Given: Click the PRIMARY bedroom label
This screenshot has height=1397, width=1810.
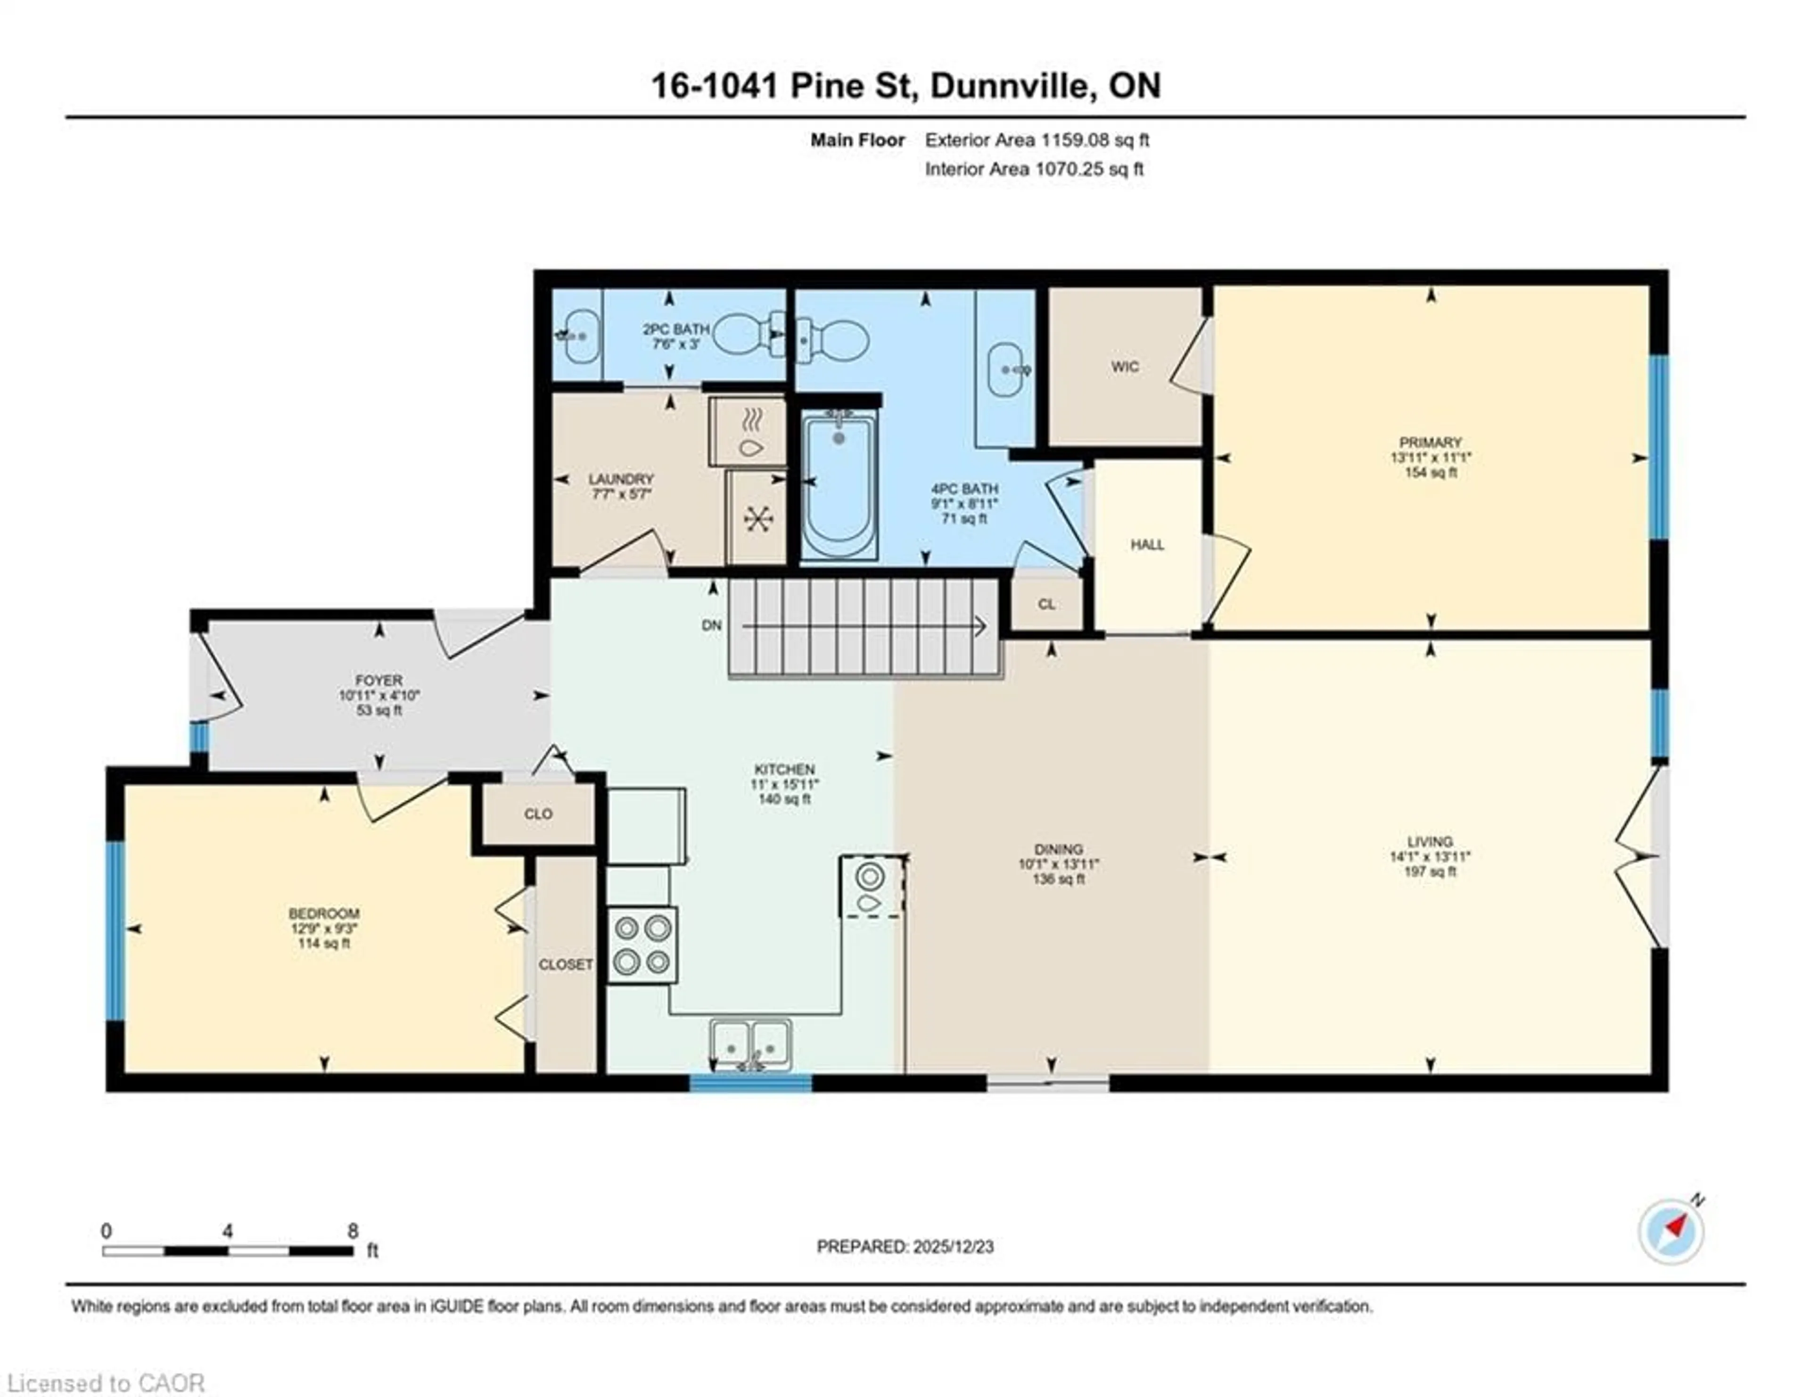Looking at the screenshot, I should click(1430, 443).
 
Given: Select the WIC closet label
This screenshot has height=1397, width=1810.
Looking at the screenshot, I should click(1125, 366).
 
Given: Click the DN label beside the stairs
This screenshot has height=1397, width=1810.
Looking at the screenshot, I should click(712, 625).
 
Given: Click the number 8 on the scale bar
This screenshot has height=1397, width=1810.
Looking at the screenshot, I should click(353, 1231).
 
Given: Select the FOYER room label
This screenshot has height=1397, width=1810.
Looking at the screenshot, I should click(379, 680).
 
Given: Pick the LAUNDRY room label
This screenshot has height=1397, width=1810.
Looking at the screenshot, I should click(621, 479).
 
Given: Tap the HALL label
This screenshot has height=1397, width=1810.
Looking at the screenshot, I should click(1147, 544).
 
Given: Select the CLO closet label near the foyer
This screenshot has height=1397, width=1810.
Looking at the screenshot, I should click(538, 814).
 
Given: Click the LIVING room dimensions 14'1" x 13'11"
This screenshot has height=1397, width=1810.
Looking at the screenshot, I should click(1430, 857).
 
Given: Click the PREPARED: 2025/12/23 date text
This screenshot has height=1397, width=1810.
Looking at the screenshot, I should click(905, 1246).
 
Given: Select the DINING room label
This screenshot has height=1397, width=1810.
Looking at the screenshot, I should click(1058, 848).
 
